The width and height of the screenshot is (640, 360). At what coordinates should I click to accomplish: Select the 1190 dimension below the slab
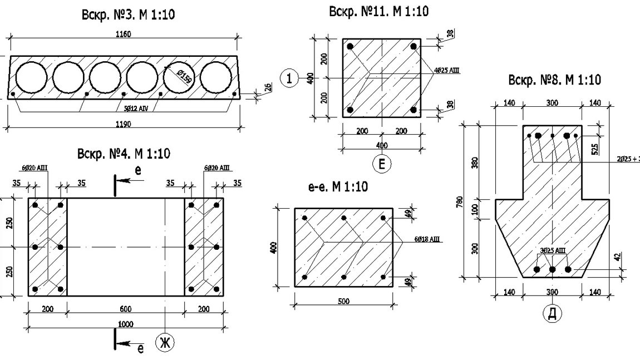point(123,124)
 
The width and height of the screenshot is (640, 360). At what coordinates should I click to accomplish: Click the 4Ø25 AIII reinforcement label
point(447,70)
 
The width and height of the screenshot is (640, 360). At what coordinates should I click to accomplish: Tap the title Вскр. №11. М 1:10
point(379,11)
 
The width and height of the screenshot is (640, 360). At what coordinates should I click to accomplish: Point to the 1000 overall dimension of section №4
point(125,324)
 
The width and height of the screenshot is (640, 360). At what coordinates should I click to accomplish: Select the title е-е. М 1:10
point(338,187)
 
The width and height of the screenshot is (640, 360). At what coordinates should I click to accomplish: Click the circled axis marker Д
point(552,313)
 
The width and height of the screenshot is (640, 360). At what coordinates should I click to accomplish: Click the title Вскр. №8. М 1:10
point(554,80)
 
